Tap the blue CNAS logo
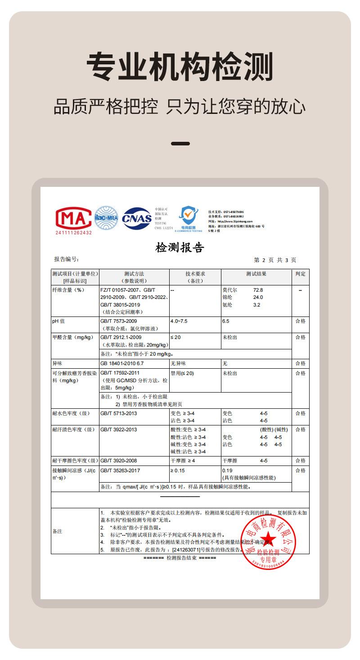click(x=137, y=218)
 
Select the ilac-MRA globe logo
click(x=106, y=218)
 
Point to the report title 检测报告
click(x=180, y=248)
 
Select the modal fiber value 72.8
click(x=258, y=290)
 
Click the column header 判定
click(x=300, y=274)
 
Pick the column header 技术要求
click(x=195, y=274)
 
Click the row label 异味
click(x=57, y=363)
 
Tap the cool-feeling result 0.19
click(x=227, y=470)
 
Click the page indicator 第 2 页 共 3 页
click(x=275, y=260)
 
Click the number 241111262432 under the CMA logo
click(x=73, y=233)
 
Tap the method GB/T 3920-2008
click(x=118, y=461)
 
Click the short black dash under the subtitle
click(x=180, y=144)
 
